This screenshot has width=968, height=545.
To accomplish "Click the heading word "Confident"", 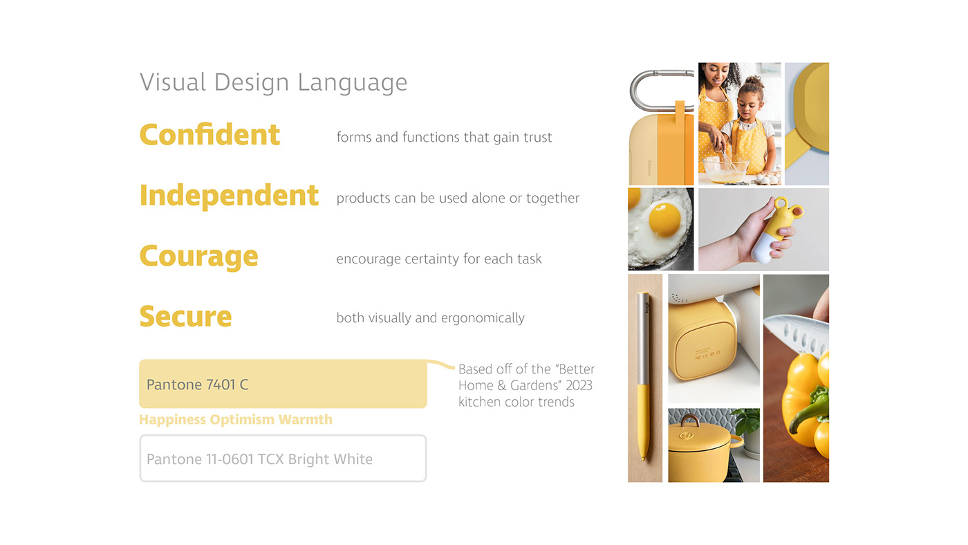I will point(210,134).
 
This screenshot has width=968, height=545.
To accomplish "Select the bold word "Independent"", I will point(229,196).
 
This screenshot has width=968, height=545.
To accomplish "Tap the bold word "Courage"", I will point(198,257).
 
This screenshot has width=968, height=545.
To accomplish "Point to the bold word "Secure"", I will point(185,317).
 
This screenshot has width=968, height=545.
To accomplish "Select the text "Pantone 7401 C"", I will point(197,385).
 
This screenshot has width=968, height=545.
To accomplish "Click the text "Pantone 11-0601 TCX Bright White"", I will point(259,459).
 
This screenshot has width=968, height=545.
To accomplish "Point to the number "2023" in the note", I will point(578,385).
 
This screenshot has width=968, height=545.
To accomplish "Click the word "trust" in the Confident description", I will point(537,137).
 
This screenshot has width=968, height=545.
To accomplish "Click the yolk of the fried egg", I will point(664,219).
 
